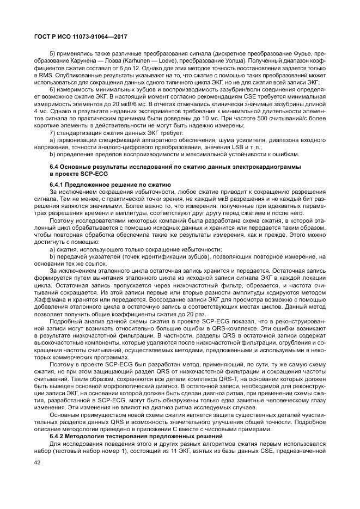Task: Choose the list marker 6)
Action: pos(53,89)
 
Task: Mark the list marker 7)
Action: pos(53,132)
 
